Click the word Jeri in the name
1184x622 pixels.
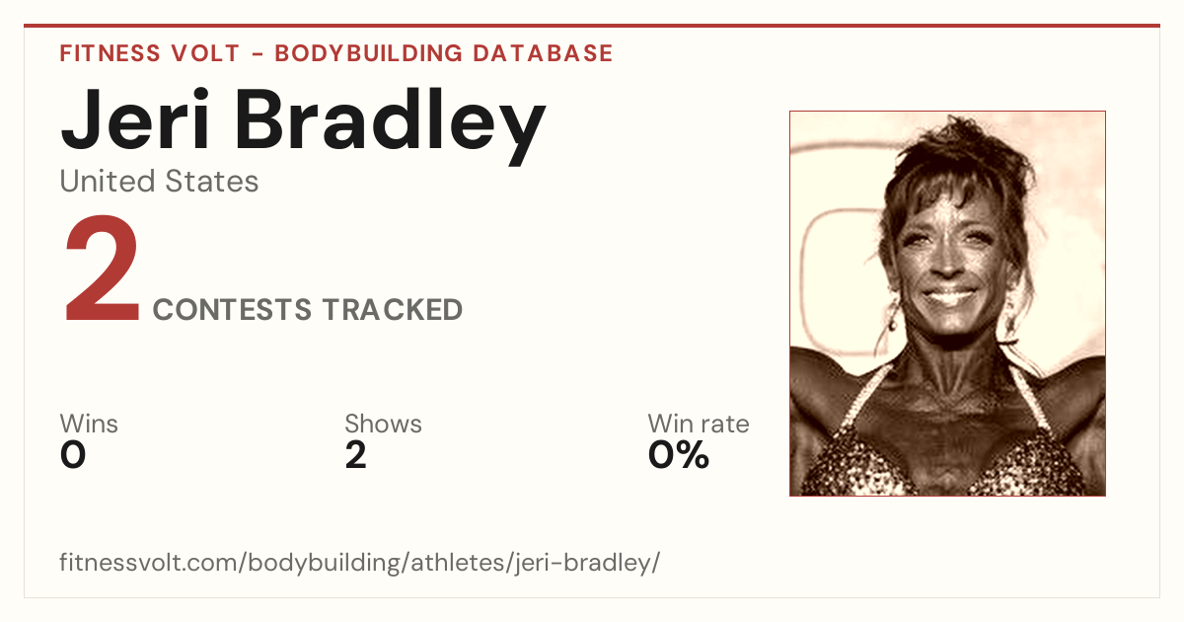pyautogui.click(x=135, y=119)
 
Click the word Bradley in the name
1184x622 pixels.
pyautogui.click(x=390, y=126)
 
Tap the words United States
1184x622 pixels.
pyautogui.click(x=159, y=182)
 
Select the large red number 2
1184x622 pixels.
pyautogui.click(x=102, y=269)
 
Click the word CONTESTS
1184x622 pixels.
pyautogui.click(x=232, y=310)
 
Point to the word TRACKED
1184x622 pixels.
pyautogui.click(x=393, y=310)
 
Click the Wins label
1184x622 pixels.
pyautogui.click(x=89, y=424)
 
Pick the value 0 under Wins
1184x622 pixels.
pyautogui.click(x=73, y=455)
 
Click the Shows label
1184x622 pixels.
pyautogui.click(x=383, y=424)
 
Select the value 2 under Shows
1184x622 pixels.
pyautogui.click(x=356, y=455)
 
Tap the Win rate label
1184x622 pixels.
pyautogui.click(x=699, y=424)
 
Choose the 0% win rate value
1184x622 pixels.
pyautogui.click(x=679, y=455)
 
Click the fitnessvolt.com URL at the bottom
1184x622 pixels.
pyautogui.click(x=359, y=563)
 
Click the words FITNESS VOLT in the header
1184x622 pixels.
pyautogui.click(x=150, y=53)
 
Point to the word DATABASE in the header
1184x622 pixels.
pyautogui.click(x=543, y=53)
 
